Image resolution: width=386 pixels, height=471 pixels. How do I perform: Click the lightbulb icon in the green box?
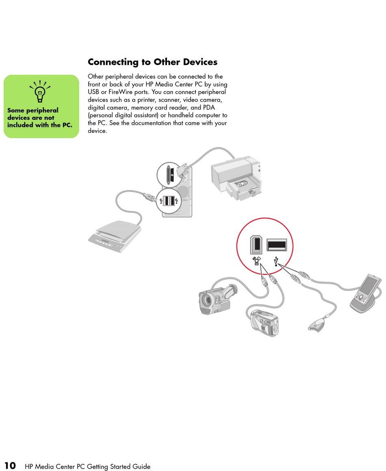[40, 91]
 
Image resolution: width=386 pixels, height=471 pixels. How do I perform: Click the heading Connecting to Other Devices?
[152, 62]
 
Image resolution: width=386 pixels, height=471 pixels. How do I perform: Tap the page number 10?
[10, 465]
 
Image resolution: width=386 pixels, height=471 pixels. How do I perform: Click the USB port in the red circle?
[277, 245]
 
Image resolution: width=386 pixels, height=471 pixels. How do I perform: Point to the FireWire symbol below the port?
[257, 261]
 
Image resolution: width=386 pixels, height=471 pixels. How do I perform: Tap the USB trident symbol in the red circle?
[277, 261]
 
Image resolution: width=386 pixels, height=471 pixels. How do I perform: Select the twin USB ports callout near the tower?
[168, 201]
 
